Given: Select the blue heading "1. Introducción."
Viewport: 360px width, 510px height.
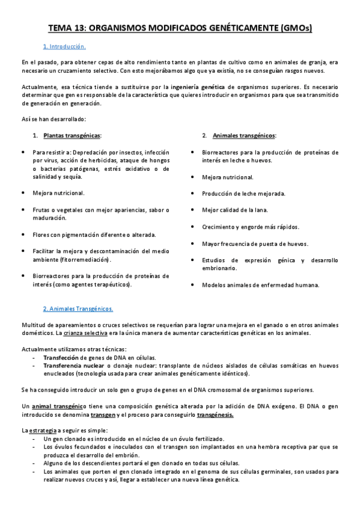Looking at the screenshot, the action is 64,46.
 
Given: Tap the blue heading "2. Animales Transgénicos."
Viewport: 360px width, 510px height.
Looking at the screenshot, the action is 78,309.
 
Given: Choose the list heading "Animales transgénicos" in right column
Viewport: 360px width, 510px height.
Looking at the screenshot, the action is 242,135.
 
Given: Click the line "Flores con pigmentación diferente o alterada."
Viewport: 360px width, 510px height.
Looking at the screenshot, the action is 94,234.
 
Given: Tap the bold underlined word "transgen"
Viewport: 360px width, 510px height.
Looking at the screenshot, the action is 103,414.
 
